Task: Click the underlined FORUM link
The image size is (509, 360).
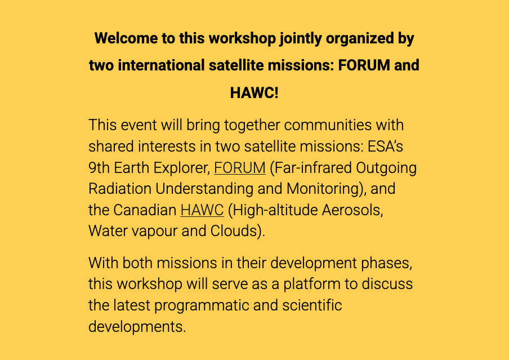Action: coord(239,168)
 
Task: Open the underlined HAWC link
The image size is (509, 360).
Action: coord(202,210)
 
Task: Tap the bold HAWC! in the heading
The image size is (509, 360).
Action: coord(254,92)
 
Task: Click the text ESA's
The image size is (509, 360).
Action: coord(385,146)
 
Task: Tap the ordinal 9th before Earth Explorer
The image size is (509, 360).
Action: coord(99,168)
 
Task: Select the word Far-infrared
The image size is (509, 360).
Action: coord(311,168)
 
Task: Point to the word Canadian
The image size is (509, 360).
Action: coord(145,210)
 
